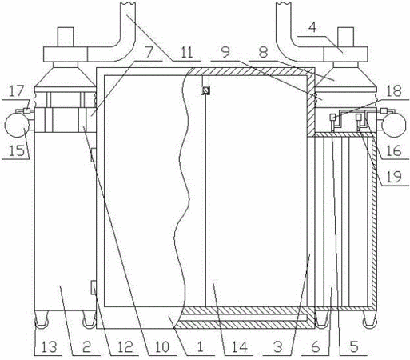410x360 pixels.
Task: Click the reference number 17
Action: [17, 91]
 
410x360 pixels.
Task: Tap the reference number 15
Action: [17, 151]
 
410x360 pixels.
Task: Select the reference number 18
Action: [394, 91]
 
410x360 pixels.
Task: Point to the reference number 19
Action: [393, 177]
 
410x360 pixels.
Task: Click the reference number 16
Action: [393, 151]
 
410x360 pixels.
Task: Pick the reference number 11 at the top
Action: [186, 52]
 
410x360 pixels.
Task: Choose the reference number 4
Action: [312, 27]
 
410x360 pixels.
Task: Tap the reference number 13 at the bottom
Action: [49, 347]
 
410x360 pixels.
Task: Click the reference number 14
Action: [239, 347]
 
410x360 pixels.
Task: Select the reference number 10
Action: [162, 347]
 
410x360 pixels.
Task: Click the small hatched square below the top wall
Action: [205, 90]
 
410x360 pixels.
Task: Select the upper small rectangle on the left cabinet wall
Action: [94, 155]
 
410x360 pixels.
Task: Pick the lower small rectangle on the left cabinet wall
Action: [94, 288]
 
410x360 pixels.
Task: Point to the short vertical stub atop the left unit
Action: [66, 37]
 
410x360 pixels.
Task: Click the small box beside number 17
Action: [26, 110]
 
